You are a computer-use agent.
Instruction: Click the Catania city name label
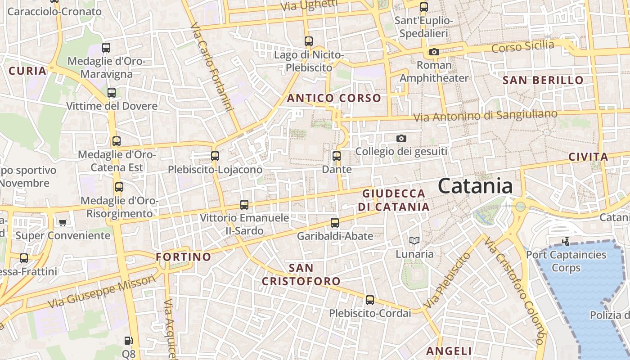tap(475, 186)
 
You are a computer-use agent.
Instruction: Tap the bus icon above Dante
tap(337, 156)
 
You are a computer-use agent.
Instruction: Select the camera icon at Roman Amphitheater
tap(434, 52)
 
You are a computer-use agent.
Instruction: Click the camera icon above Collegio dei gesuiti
tap(401, 138)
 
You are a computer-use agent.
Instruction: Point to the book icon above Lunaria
tap(414, 241)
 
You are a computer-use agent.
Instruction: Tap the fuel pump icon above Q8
tap(129, 341)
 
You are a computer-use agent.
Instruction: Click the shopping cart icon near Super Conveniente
tap(63, 222)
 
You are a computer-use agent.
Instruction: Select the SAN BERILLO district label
tap(543, 81)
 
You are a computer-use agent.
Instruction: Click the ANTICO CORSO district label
tap(334, 98)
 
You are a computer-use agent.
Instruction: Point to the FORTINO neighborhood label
tap(184, 257)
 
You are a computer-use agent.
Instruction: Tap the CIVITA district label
tap(588, 157)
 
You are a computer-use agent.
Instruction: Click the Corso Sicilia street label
tap(522, 46)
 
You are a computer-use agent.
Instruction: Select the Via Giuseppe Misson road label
tap(102, 292)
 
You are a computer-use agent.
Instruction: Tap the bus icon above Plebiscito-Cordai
tap(370, 300)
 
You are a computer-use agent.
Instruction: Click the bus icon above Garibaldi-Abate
tap(335, 222)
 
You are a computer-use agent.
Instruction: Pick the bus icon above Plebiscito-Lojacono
tap(215, 156)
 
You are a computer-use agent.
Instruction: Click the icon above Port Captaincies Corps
tap(566, 242)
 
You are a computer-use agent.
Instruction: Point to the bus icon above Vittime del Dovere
tap(112, 93)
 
